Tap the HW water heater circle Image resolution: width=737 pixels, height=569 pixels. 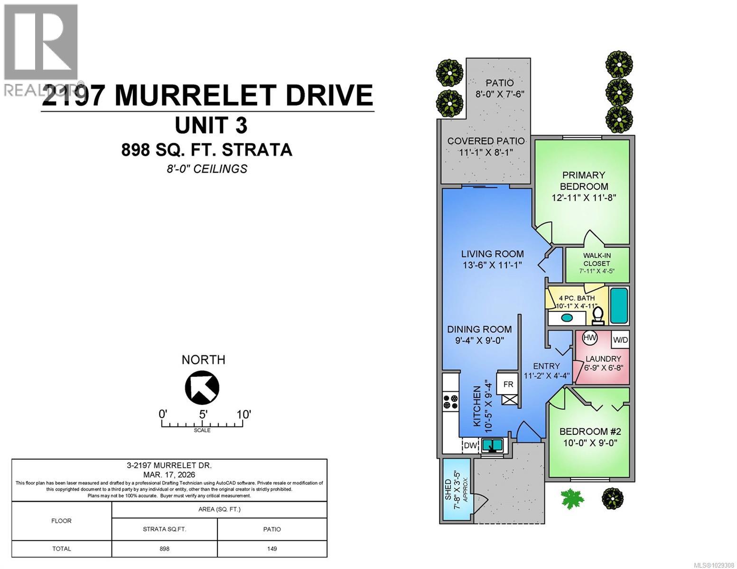[x=589, y=338]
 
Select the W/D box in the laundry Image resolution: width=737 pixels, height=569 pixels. [x=620, y=340]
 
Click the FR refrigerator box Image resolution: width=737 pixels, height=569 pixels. [x=508, y=384]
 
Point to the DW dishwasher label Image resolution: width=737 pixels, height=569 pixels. [x=470, y=445]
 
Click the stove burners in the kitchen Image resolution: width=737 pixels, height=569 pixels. [x=451, y=402]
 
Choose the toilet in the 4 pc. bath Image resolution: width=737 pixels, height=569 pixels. [x=598, y=315]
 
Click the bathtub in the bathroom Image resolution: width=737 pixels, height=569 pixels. [x=619, y=304]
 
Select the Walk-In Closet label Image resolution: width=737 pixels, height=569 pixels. [x=597, y=259]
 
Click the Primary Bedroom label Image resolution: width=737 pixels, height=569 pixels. [x=584, y=181]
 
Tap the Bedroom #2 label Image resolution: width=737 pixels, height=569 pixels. [x=590, y=431]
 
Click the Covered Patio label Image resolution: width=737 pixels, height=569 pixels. [x=486, y=141]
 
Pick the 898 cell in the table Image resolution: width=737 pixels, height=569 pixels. [x=164, y=549]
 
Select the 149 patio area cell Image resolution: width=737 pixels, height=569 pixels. [x=272, y=549]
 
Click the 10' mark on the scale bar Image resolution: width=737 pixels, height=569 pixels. [x=243, y=414]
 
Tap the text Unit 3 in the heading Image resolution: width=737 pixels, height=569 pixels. [x=211, y=126]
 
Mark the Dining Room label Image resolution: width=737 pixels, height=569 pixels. [x=479, y=329]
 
